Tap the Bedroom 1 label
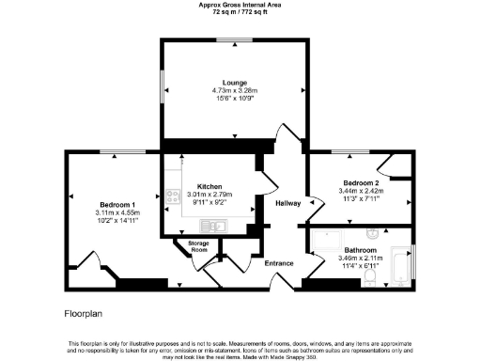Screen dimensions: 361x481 (x=119, y=204)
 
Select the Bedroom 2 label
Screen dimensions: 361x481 (x=361, y=182)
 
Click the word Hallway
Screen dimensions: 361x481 (x=287, y=203)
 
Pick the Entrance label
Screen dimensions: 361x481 (x=280, y=262)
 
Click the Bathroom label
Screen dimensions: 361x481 (x=360, y=249)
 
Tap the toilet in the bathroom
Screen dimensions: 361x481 (x=374, y=232)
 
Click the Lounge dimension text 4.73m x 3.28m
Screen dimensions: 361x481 (x=234, y=90)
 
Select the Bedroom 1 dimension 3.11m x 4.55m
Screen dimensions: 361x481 (x=119, y=212)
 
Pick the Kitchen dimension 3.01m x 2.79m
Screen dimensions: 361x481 (x=209, y=195)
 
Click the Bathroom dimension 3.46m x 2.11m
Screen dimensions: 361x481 (x=360, y=258)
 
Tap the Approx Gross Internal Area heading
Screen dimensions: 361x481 (x=240, y=4)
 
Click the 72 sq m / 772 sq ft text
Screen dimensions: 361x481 (x=240, y=11)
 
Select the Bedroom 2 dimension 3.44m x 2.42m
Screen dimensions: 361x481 (x=361, y=191)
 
